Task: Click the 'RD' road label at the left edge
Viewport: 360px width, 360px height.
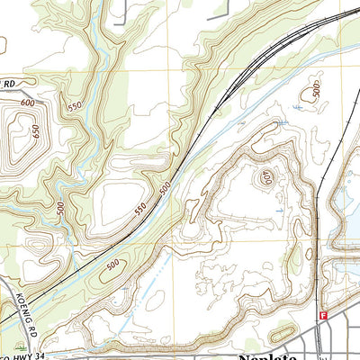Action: (9, 85)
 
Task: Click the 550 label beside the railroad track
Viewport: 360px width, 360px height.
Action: (141, 207)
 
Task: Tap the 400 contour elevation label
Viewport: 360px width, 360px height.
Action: (266, 177)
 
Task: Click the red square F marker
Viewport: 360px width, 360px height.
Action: (321, 316)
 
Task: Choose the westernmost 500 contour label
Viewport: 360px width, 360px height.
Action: (58, 208)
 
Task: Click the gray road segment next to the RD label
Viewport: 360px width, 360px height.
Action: (27, 91)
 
